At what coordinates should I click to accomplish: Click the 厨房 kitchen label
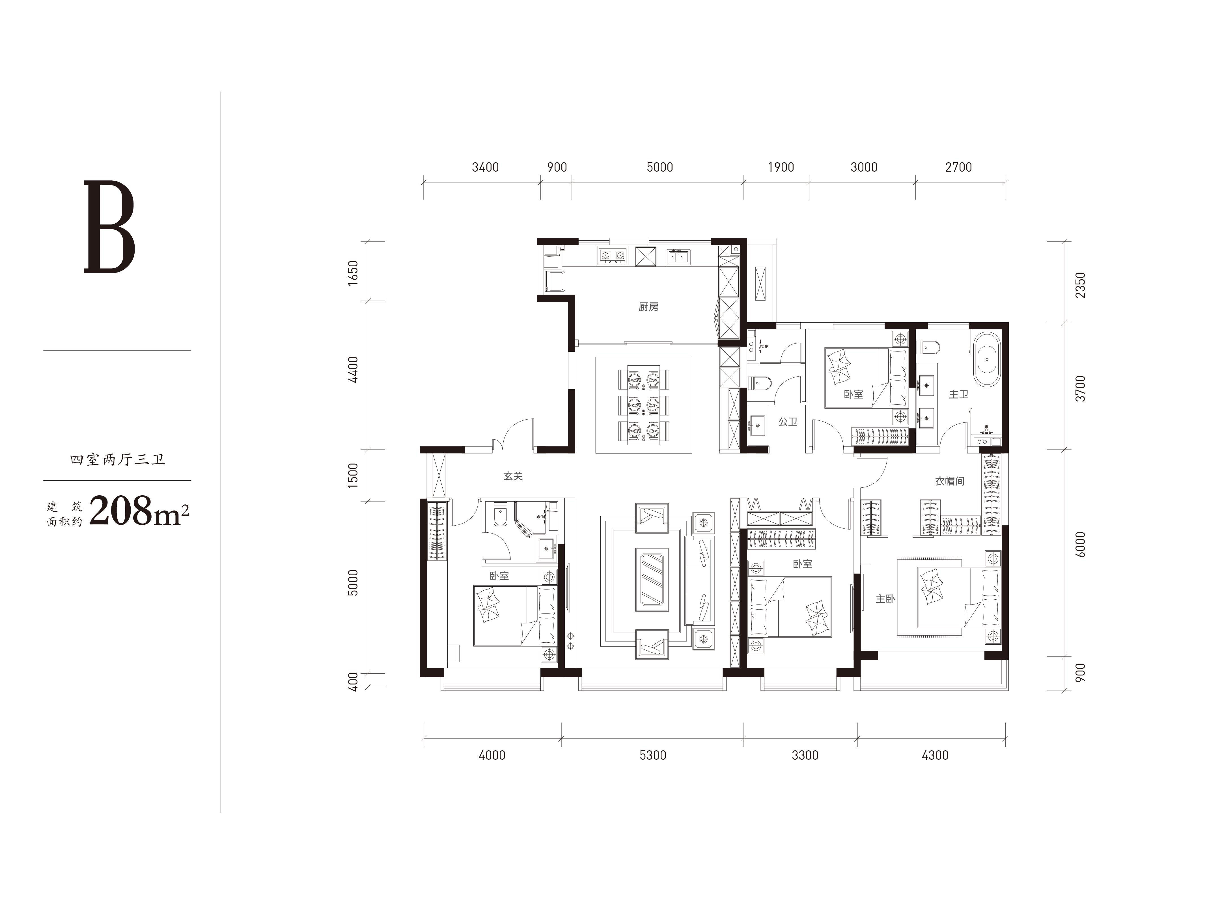pos(648,307)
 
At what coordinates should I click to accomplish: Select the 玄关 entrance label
pos(513,476)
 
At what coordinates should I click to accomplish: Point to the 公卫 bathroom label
pos(788,422)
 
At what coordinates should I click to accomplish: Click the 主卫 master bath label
pos(959,394)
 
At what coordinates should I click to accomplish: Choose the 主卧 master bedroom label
pos(885,599)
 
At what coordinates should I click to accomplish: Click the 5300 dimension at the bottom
pos(653,755)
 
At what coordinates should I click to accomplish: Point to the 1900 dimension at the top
pos(781,167)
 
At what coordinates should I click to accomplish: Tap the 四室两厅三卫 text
pos(117,460)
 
